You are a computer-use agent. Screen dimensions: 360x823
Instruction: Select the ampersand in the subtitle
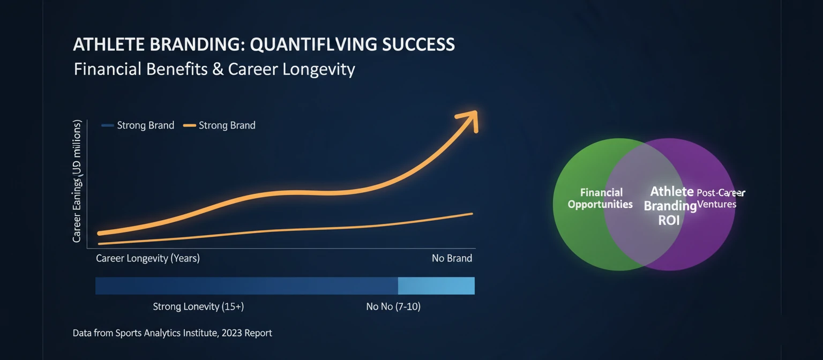point(218,69)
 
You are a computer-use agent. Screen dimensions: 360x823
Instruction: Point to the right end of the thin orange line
point(472,214)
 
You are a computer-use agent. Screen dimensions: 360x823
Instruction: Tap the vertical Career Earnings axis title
point(77,182)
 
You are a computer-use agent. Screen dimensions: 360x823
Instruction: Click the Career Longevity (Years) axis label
point(148,258)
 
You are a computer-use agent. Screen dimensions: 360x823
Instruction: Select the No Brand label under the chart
point(452,258)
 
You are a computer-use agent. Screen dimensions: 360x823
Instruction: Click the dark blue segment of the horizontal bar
point(246,286)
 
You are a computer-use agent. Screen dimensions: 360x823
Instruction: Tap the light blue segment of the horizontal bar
point(436,286)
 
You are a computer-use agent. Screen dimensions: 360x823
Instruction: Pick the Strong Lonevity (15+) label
point(198,307)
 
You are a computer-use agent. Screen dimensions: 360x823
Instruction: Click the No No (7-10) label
point(393,307)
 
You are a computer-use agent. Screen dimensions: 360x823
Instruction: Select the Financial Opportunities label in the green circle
point(601,198)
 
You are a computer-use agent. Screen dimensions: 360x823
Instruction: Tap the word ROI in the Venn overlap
point(668,220)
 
